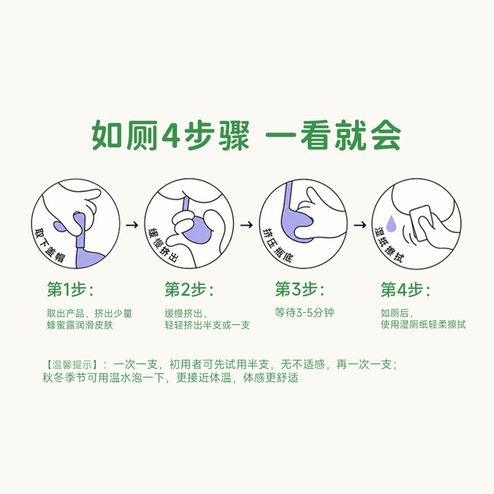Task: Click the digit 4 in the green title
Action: (x=171, y=136)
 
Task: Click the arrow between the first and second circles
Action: (x=132, y=225)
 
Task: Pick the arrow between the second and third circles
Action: (x=246, y=225)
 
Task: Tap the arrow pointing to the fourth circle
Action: (x=360, y=225)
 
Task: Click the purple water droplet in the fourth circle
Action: (x=390, y=223)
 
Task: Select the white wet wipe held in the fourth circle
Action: (x=422, y=222)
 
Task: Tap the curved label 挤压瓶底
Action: (x=277, y=245)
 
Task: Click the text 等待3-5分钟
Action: (x=304, y=313)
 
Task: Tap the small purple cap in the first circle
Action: (x=60, y=226)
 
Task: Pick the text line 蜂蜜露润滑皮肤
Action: (x=80, y=325)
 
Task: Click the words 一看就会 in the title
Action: (x=333, y=136)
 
